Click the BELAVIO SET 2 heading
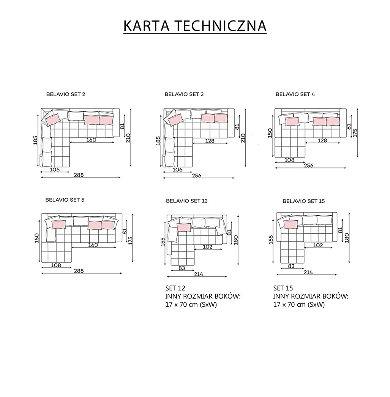click(66, 94)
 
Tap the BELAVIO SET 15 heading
click(303, 201)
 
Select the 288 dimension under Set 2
click(79, 175)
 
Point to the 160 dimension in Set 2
click(91, 140)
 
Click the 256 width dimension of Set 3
click(197, 176)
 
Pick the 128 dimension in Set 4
click(322, 140)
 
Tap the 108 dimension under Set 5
click(56, 265)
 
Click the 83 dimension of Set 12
click(182, 268)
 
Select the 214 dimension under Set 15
click(308, 272)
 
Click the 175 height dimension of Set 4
click(355, 132)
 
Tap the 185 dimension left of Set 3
click(158, 141)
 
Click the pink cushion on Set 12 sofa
click(184, 227)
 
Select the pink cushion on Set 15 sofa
click(291, 224)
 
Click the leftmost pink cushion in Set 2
click(52, 119)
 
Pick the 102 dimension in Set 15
click(318, 245)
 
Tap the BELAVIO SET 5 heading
click(65, 199)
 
